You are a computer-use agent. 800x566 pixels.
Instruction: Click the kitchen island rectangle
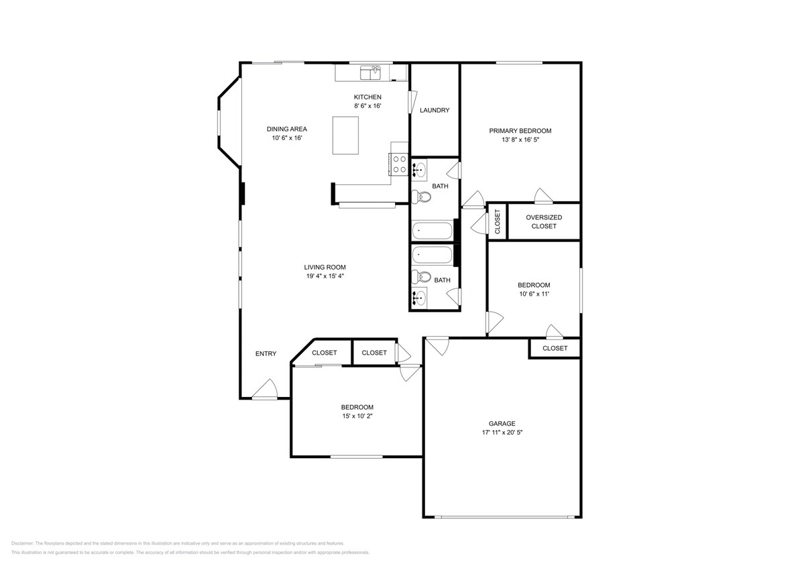[345, 135]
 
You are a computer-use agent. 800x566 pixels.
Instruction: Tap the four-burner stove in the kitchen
[400, 164]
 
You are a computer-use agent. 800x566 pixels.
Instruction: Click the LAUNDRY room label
[435, 111]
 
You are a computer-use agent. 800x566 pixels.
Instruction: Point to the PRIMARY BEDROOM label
[520, 131]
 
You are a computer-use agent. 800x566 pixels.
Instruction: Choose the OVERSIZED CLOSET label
[543, 222]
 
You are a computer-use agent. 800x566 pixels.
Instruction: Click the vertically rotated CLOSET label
[498, 221]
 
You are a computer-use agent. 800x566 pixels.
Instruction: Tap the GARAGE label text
[502, 423]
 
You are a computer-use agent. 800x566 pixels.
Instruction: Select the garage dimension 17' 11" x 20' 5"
[502, 433]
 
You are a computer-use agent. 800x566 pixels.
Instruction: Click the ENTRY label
[266, 354]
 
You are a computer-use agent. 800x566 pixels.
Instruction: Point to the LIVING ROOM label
[325, 267]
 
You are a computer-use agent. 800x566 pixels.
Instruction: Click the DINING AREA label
[286, 129]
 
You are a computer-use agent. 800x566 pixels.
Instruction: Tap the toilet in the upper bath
[422, 196]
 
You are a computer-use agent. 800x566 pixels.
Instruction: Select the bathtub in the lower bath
[433, 255]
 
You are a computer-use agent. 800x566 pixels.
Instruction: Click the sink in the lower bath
[420, 296]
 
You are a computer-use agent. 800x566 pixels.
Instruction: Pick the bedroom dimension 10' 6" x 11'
[534, 294]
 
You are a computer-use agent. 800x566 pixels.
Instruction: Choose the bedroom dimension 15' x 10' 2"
[357, 416]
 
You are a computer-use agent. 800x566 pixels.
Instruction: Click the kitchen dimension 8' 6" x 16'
[367, 106]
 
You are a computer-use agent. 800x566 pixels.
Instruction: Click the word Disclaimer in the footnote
[22, 543]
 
